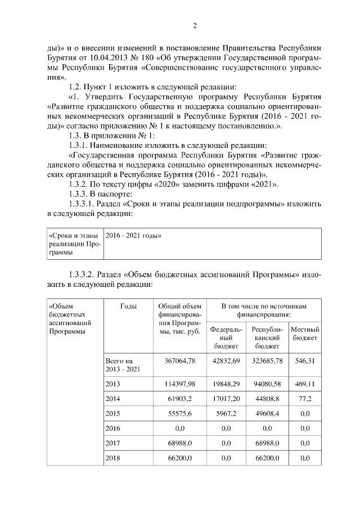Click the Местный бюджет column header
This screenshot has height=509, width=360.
[x=305, y=334]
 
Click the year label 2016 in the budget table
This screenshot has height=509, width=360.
[x=113, y=429]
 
